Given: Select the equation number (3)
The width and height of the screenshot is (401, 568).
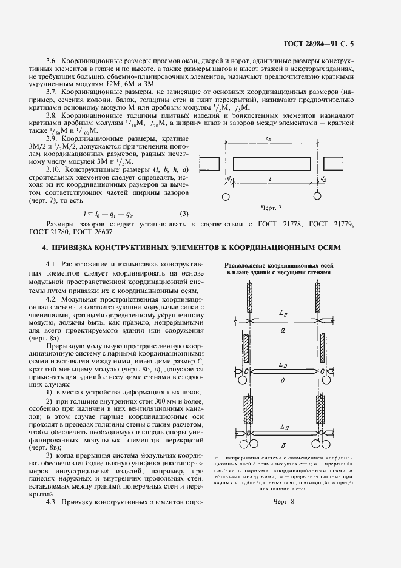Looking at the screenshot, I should (x=184, y=213).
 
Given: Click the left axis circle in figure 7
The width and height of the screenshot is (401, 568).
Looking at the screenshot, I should (x=225, y=197).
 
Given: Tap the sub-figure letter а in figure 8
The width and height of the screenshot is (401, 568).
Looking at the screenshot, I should (x=283, y=331).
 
